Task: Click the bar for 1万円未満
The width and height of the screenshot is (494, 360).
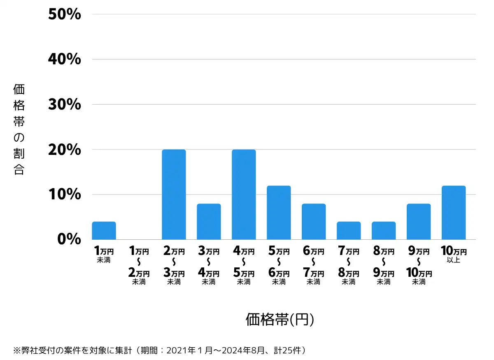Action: point(104,231)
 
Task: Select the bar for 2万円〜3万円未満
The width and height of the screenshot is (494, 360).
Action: point(174,194)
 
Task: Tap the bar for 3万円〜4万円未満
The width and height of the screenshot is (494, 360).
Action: point(209,222)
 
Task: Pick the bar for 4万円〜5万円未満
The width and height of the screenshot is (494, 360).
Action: point(244,194)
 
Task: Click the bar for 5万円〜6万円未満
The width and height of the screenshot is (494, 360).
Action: point(279,213)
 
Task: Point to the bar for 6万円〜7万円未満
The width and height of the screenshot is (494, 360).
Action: point(314,222)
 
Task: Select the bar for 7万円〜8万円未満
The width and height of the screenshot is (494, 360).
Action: point(349,231)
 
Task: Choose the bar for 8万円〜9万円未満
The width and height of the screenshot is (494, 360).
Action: point(384,231)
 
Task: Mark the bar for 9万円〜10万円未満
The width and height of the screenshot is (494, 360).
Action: point(419,222)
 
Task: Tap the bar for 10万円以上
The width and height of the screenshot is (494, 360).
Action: point(453,213)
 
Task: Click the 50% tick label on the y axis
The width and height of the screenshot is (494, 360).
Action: point(64,14)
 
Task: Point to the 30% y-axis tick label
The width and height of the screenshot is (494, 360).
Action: point(64,105)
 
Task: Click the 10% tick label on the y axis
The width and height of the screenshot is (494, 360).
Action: point(64,194)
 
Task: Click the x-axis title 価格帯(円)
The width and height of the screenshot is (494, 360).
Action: point(280,319)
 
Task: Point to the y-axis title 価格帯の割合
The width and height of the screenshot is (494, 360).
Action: point(19,129)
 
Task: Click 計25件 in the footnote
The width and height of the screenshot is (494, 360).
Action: point(291,351)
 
